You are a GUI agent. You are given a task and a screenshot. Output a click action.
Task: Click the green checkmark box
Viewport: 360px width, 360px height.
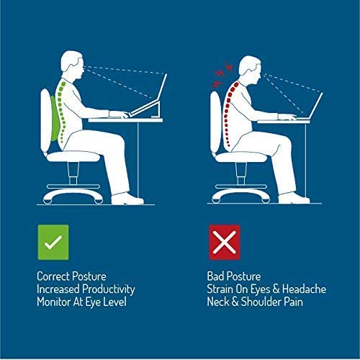click(53, 242)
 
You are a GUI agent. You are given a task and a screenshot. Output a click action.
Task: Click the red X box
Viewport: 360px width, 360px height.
click(225, 242)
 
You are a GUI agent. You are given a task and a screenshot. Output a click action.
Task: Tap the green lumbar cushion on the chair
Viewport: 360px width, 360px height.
click(55, 118)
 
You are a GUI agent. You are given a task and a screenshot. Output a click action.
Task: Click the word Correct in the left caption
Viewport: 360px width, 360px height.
click(53, 276)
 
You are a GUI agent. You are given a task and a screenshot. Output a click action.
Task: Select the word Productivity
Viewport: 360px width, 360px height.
click(109, 289)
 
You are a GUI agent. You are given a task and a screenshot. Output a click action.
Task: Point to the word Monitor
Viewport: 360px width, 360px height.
click(54, 302)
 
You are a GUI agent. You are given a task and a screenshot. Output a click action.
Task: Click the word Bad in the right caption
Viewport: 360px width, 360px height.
click(215, 276)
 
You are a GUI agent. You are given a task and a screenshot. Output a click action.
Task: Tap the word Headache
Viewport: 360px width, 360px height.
click(304, 289)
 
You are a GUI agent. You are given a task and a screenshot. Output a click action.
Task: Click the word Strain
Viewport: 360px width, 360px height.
click(220, 289)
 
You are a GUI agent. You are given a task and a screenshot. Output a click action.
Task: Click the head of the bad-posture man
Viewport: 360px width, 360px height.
click(250, 70)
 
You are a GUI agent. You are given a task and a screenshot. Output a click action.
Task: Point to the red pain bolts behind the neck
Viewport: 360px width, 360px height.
click(222, 74)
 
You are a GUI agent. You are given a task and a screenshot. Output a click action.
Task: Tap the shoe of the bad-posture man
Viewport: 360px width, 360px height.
click(294, 198)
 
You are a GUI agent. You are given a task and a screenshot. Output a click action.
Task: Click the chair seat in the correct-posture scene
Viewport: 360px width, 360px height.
click(73, 156)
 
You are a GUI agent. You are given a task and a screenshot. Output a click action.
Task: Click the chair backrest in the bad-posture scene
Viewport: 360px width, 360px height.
click(215, 122)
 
